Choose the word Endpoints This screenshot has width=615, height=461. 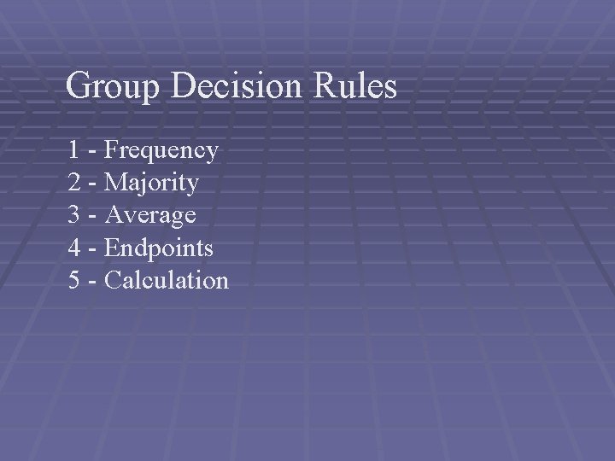159,248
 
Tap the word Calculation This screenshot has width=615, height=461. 167,280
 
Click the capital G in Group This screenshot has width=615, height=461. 79,85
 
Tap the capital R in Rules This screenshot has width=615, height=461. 325,85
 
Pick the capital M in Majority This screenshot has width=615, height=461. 114,183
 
